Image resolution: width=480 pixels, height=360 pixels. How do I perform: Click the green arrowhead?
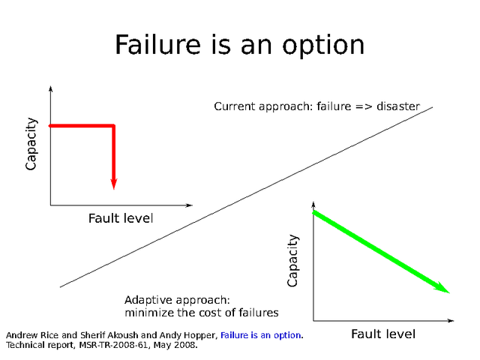(x=444, y=289)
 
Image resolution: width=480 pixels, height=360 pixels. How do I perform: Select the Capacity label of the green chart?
(x=293, y=260)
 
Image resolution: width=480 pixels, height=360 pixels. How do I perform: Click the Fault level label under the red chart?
(x=121, y=218)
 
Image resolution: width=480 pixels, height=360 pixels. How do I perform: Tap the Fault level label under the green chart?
(x=383, y=334)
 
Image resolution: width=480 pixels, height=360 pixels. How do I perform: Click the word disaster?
(x=398, y=106)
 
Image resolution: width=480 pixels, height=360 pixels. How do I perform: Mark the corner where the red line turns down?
(x=114, y=125)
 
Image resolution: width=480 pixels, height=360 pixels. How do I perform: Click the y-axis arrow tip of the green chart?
(x=313, y=203)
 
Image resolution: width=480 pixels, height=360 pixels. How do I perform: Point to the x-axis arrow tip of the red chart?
(x=191, y=205)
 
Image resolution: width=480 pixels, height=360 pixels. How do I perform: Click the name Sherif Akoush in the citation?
(x=111, y=334)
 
